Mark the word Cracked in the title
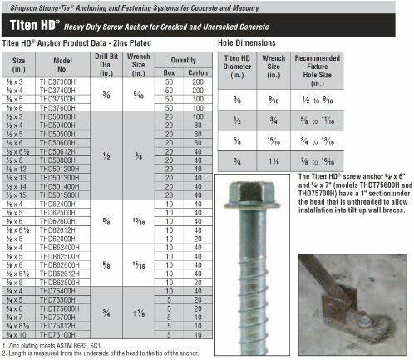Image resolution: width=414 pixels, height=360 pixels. pyautogui.click(x=267, y=29)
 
